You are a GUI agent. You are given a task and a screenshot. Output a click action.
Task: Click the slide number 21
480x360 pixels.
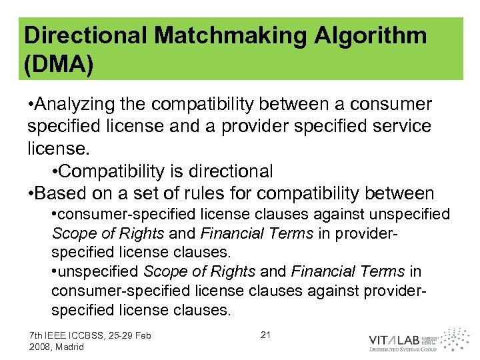click(x=265, y=335)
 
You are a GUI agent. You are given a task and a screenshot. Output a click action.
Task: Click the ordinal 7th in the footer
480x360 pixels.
click(x=37, y=335)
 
